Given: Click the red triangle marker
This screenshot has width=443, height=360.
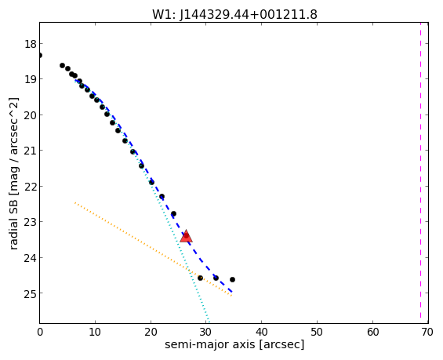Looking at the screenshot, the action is point(186,237).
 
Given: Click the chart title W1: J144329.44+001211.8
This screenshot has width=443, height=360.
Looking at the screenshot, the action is point(234,14).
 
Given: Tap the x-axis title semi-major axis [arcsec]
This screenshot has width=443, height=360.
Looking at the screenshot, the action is point(234,345).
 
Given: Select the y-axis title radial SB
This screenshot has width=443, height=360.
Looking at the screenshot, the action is point(13,223).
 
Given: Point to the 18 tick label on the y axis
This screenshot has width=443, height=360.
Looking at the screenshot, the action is point(30,44).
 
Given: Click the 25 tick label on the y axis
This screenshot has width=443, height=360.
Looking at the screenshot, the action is point(30,294).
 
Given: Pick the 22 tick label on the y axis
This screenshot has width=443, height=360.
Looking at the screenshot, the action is point(30,187).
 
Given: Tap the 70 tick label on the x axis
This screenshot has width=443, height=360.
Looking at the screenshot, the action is point(427,333).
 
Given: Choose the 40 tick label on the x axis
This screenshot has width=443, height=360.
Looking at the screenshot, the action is point(261,333).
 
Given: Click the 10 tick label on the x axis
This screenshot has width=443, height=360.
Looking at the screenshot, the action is point(95,333).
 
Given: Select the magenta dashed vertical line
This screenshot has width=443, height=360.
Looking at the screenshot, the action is point(420,173).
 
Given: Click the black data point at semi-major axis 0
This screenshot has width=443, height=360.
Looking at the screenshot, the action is point(40,55).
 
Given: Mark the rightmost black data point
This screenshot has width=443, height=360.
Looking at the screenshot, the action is point(232,280).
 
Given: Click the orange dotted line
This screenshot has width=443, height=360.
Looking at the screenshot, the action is point(153,249).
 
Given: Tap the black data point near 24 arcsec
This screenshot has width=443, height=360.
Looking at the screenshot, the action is point(174,214).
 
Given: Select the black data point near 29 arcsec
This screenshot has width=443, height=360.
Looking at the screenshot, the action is point(200,278).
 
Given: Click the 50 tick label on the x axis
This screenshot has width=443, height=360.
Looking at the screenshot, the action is point(317,333).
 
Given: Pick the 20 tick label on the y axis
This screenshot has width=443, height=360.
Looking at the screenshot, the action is point(30,115).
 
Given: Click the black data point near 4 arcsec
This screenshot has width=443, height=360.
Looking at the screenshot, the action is point(63,66).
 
